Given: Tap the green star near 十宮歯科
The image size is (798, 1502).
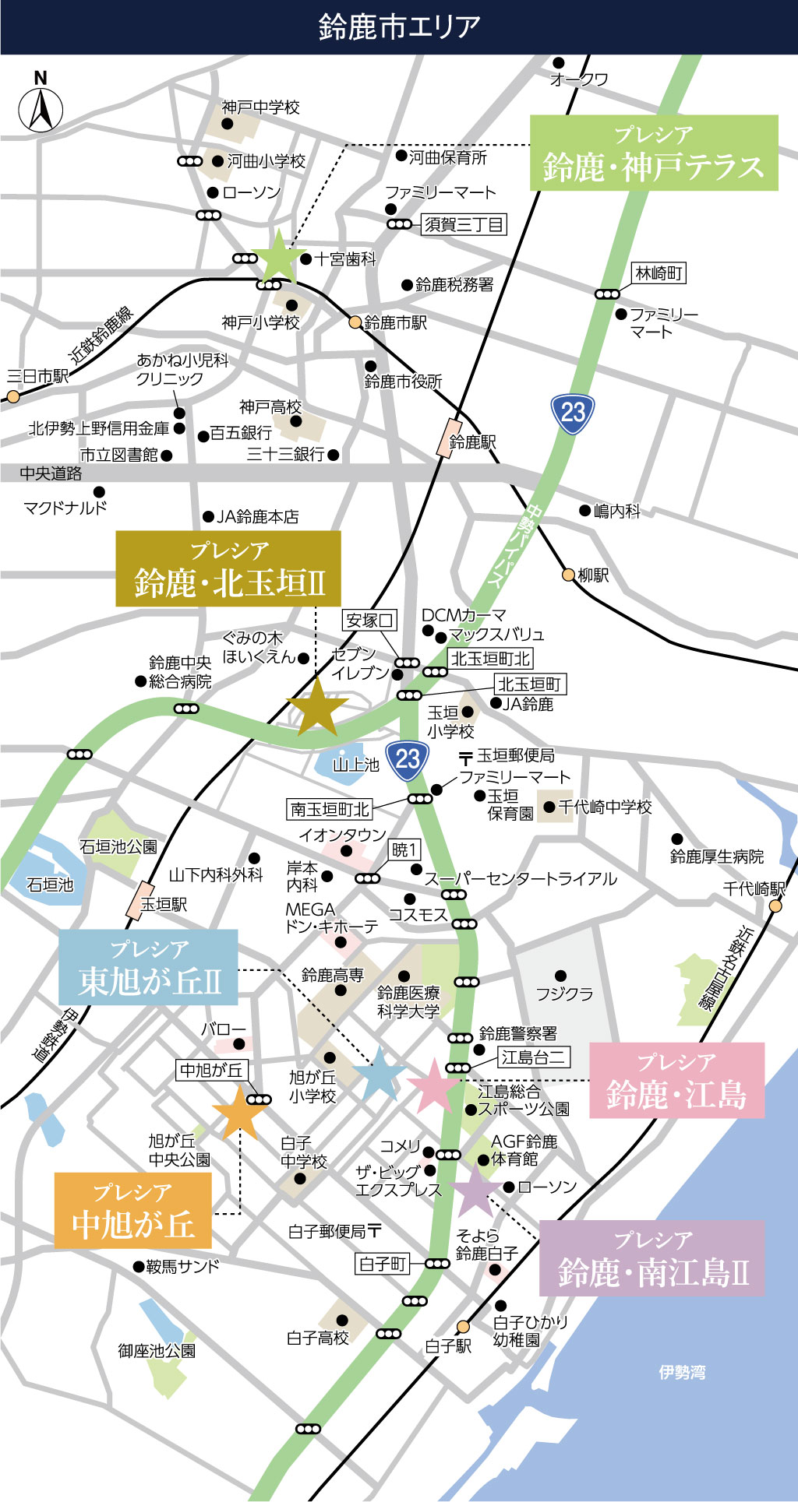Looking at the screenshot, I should pos(277,257).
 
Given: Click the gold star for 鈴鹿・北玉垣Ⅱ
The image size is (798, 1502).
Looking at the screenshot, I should pos(317,707).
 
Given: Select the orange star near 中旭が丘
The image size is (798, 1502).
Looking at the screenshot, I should pos(238,1112).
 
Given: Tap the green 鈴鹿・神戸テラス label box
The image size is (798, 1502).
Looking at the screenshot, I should pos(654,153).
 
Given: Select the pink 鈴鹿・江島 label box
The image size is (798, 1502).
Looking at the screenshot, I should pos(676,1080).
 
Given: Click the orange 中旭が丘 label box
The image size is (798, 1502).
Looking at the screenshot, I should pos(133,1211).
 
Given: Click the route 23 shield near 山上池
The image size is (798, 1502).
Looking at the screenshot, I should pos(407,759).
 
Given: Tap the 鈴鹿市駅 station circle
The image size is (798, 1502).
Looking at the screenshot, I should pos(355,322).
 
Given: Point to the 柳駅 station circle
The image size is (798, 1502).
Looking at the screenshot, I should pos(569,575).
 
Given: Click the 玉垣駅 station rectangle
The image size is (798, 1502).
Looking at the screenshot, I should pos(141,901).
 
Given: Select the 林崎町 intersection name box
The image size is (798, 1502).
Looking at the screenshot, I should pos(659,273).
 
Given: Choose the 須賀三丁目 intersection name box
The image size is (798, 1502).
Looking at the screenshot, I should pos(464,225).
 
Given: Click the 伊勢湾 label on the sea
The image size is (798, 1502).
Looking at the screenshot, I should pos(681,1372).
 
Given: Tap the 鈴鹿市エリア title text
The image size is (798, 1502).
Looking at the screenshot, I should pos(399,27).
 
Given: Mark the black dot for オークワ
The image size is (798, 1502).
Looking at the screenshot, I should pos(558,63).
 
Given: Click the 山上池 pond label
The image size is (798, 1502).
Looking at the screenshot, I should pos(355,765).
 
